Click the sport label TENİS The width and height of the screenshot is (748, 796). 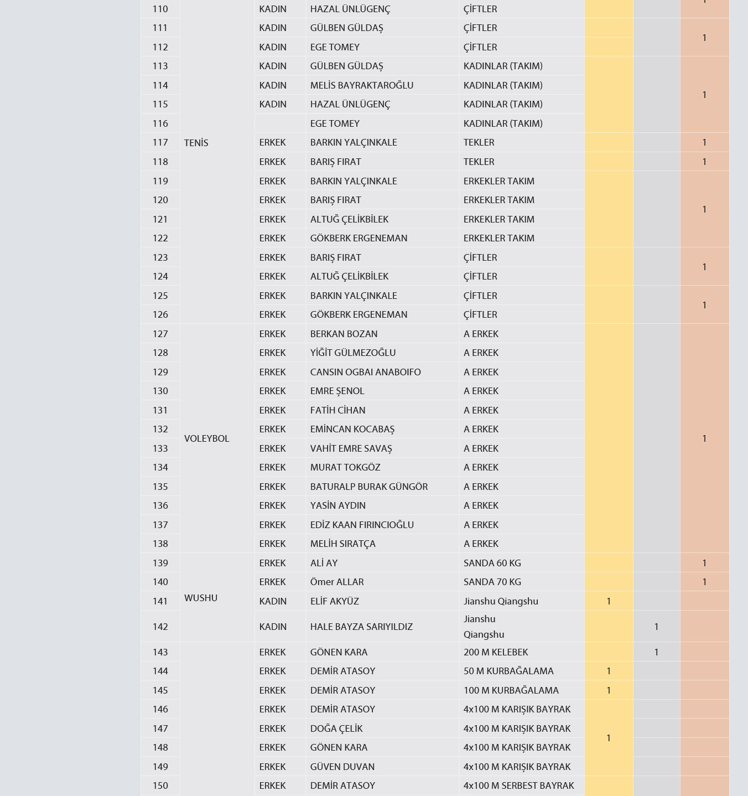pos(196,143)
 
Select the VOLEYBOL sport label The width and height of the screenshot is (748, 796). pos(206,438)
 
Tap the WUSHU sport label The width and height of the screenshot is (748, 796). pos(201,598)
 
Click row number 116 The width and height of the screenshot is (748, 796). pos(160,123)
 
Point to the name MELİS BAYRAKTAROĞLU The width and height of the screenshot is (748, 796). pos(362,85)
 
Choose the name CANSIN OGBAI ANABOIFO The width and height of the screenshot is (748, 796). pos(365,372)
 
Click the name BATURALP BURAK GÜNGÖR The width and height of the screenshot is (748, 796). pos(368,487)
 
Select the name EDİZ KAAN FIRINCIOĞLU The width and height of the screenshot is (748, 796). pos(362,525)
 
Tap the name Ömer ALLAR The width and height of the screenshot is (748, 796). pos(337,582)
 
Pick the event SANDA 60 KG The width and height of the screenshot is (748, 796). pos(492,563)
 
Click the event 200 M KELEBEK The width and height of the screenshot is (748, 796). pos(496,652)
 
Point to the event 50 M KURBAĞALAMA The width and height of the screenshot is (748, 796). pos(508,671)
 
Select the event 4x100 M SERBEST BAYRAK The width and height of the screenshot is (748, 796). pos(518,785)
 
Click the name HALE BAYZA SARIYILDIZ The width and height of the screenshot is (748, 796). pos(361,627)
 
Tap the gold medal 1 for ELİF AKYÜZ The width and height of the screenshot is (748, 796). pos(609,601)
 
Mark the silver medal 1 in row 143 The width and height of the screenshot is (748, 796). pos(656,652)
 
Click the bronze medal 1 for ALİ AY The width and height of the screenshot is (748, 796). pos(704,563)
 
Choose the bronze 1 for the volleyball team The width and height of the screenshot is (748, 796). pos(704,438)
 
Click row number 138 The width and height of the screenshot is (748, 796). pos(160,544)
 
